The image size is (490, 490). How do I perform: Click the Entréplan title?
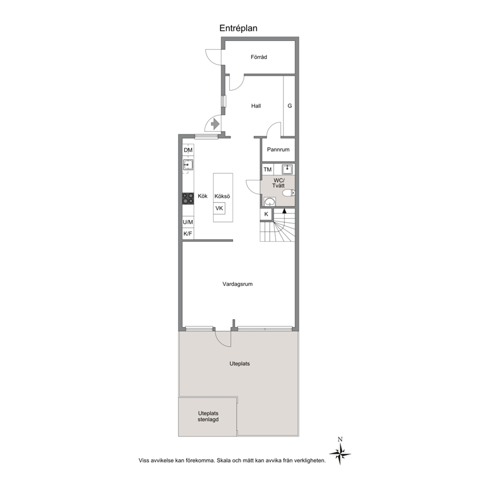click(x=238, y=29)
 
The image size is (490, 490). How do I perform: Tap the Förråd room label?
click(x=259, y=57)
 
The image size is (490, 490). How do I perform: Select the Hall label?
click(x=256, y=106)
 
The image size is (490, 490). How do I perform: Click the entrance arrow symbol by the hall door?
click(x=215, y=124)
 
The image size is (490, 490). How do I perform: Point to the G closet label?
click(x=289, y=106)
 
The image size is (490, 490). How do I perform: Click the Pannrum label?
click(x=278, y=150)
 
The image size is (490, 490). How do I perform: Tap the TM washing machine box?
click(x=268, y=170)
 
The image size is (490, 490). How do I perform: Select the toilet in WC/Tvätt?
click(x=288, y=193)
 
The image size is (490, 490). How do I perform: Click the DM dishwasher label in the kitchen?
click(x=188, y=150)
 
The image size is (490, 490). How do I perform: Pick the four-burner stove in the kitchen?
click(x=188, y=199)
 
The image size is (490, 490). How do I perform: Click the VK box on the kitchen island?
click(x=219, y=208)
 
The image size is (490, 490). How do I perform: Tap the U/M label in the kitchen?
click(x=188, y=222)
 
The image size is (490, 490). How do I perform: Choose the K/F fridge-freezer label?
click(x=188, y=234)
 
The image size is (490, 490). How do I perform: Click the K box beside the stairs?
click(x=266, y=214)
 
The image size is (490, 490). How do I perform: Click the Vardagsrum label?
click(x=238, y=284)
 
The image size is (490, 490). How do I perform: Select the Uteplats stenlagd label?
click(x=208, y=416)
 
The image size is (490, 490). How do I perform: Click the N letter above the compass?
click(x=340, y=440)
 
